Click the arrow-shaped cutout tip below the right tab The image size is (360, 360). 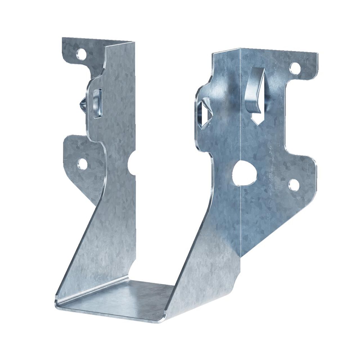[x=256, y=123]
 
